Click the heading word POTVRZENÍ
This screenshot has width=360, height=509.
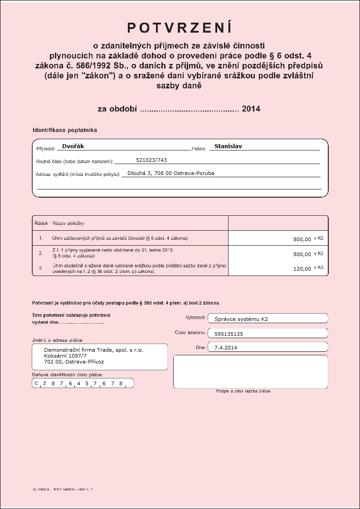pyautogui.click(x=180, y=28)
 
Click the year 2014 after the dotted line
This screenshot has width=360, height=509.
pyautogui.click(x=251, y=109)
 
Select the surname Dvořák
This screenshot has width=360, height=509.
pyautogui.click(x=73, y=146)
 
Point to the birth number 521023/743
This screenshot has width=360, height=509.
pyautogui.click(x=151, y=160)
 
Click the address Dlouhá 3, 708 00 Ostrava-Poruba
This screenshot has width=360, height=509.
pyautogui.click(x=171, y=173)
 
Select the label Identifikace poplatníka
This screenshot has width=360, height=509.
pyautogui.click(x=65, y=130)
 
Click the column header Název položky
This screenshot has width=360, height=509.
pyautogui.click(x=68, y=223)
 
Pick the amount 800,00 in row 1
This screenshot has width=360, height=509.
pyautogui.click(x=302, y=239)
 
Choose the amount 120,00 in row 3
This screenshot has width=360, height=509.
pyautogui.click(x=302, y=268)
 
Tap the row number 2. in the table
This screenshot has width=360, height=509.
pyautogui.click(x=41, y=253)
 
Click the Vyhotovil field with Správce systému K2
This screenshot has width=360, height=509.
pyautogui.click(x=268, y=319)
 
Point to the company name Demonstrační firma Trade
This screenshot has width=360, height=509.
pyautogui.click(x=93, y=350)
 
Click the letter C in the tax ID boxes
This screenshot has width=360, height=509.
pyautogui.click(x=37, y=383)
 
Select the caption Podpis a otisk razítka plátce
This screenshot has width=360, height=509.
pyautogui.click(x=243, y=391)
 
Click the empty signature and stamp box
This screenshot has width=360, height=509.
pyautogui.click(x=250, y=372)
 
